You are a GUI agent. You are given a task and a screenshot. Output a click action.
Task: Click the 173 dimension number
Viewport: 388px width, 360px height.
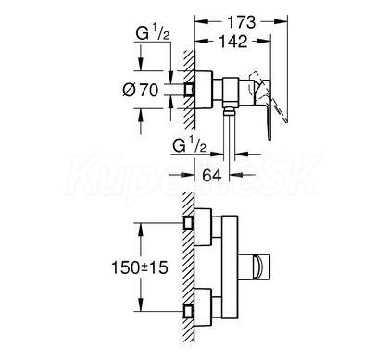tap(242, 22)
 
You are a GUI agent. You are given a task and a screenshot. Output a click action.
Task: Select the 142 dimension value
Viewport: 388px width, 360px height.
tap(233, 42)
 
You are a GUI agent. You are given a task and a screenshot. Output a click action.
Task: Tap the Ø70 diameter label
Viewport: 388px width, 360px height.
tap(141, 91)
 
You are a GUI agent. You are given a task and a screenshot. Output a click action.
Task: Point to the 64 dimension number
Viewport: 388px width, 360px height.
tap(212, 176)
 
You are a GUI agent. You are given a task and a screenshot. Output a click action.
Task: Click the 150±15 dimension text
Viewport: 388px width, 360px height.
tap(140, 267)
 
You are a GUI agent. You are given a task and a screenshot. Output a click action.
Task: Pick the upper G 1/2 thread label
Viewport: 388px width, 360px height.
tap(153, 33)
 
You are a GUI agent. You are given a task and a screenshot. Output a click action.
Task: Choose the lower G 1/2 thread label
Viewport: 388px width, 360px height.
tap(189, 145)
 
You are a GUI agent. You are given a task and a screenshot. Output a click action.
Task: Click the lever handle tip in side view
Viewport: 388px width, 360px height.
tap(269, 137)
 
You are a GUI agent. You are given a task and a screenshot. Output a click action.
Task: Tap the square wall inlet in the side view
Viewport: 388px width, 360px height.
tap(189, 90)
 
